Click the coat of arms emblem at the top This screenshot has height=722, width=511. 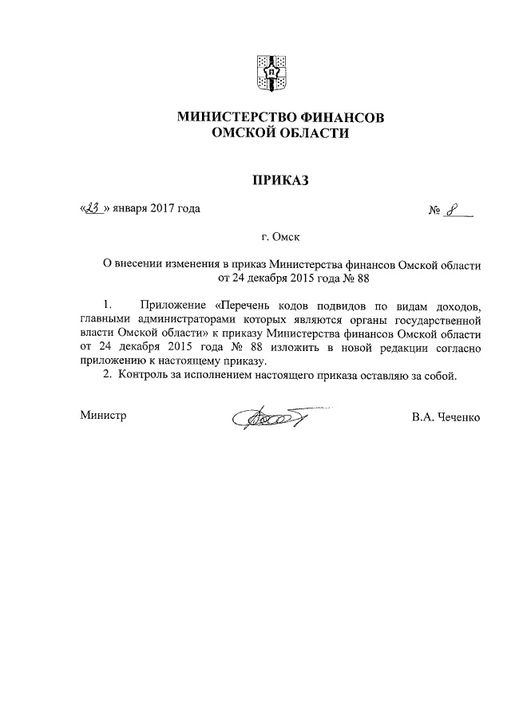tap(269, 73)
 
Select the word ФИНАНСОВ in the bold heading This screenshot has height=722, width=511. tap(344, 117)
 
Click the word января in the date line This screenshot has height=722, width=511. tap(129, 210)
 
